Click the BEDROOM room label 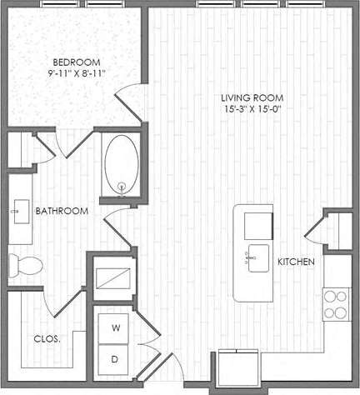pos(77,62)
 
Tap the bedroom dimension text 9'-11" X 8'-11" pos(77,74)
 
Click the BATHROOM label pos(62,212)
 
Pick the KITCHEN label pos(296,262)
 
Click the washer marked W pos(116,328)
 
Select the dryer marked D pos(116,360)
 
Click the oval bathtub pos(122,164)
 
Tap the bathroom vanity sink pos(17,212)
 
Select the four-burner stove pos(335,303)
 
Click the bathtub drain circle pos(122,186)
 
